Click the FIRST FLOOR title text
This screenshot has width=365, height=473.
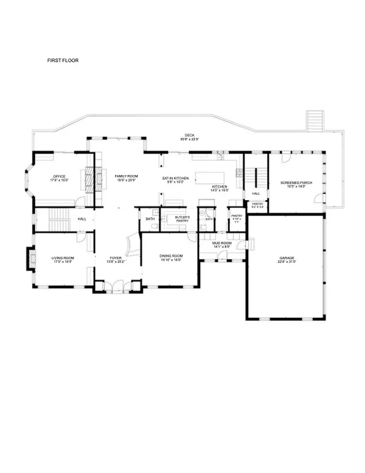[63, 61]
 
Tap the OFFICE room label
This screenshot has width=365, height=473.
[60, 177]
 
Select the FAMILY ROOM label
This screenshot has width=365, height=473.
[125, 177]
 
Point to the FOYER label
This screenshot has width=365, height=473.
[116, 257]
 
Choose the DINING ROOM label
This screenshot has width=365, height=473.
[171, 256]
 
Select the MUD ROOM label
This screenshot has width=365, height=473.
[222, 243]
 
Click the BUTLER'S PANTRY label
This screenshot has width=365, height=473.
[182, 219]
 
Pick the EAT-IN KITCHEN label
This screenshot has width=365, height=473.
[174, 178]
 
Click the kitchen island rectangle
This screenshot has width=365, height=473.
[212, 178]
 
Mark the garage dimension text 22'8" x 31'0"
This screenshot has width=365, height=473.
[286, 262]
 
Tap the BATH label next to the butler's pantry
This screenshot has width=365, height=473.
[150, 219]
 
